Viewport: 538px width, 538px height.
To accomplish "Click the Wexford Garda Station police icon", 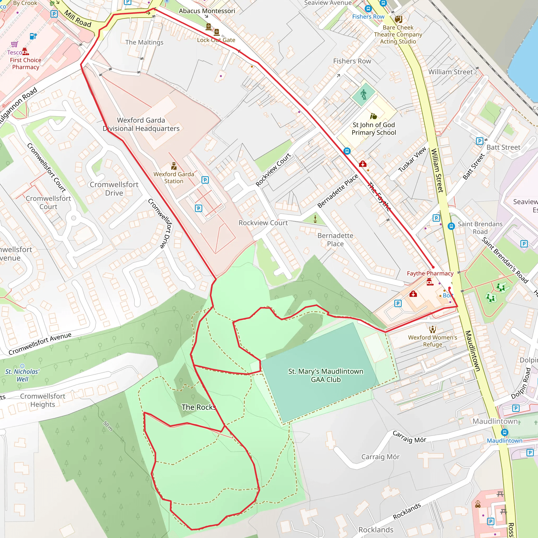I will tap(174, 166).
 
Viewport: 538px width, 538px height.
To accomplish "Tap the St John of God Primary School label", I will tap(374, 129).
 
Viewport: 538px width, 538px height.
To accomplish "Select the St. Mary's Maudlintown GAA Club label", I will tap(325, 375).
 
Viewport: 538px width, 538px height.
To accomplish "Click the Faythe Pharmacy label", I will tap(430, 273).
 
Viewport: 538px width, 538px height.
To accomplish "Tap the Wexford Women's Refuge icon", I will tap(432, 329).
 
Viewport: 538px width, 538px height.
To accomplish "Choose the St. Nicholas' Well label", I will tap(22, 375).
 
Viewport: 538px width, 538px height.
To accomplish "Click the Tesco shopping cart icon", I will tap(14, 44).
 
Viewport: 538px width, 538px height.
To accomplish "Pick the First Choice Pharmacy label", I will tap(26, 64).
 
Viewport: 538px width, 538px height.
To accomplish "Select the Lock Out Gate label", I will tap(216, 40).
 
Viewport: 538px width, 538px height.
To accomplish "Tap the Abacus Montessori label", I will tap(207, 11).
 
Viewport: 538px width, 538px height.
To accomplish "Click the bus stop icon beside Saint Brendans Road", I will tap(451, 226).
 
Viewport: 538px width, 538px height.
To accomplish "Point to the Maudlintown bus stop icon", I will tap(505, 432).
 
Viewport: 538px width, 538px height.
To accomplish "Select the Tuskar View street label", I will tap(412, 159).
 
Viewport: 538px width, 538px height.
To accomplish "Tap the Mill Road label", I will tap(78, 18).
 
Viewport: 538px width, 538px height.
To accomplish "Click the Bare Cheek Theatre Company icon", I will tap(399, 19).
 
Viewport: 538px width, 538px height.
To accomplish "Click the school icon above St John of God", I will tap(374, 116).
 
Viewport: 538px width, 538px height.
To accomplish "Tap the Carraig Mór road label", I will tap(409, 437).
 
